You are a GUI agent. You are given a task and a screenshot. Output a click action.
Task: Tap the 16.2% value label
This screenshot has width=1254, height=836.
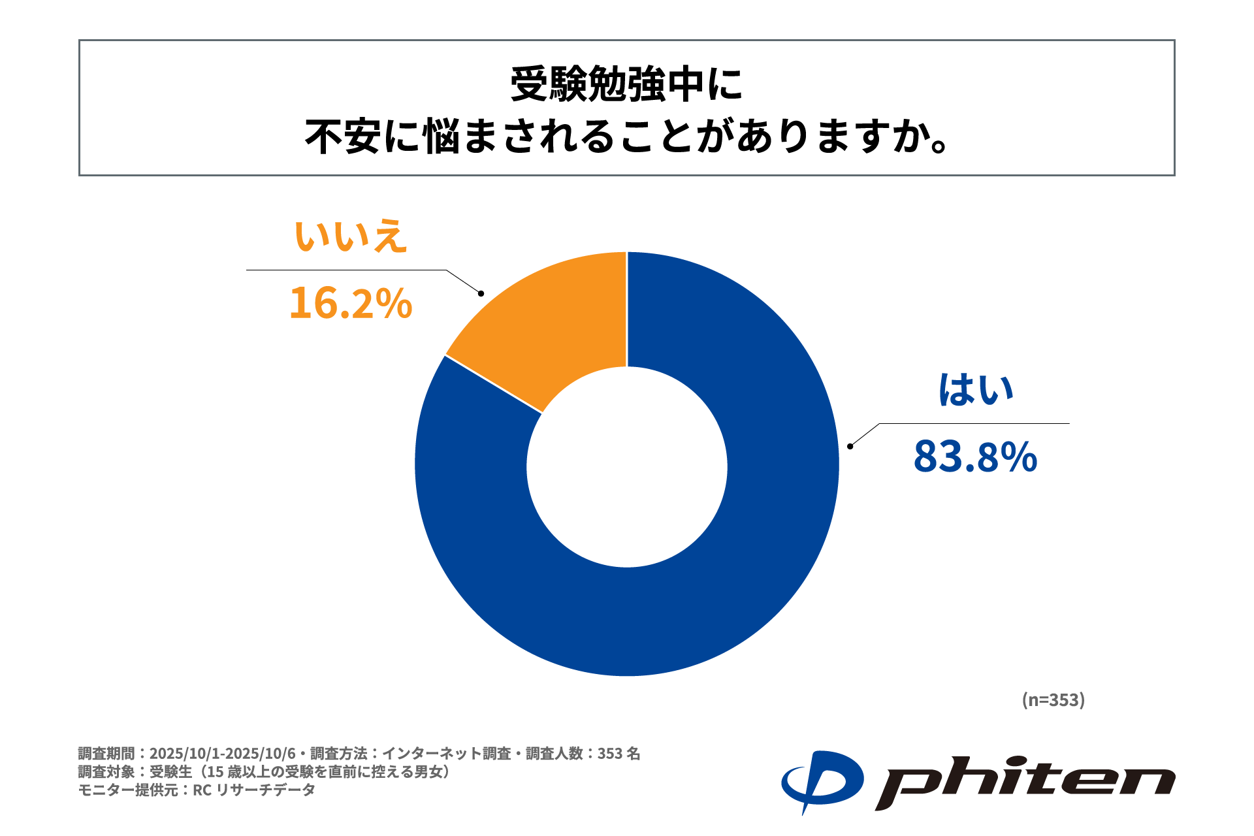[x=351, y=304]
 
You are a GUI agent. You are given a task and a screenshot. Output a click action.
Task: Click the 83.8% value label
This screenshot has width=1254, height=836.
[x=975, y=457]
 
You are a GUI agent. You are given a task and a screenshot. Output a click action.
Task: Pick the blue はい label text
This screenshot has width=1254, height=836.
[x=976, y=390]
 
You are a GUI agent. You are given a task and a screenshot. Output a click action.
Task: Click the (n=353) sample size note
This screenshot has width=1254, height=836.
[x=1053, y=699]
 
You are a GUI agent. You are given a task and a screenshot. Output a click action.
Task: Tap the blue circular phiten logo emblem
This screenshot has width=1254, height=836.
[x=822, y=781]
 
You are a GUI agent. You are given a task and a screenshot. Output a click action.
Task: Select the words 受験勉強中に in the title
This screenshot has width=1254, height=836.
[x=626, y=84]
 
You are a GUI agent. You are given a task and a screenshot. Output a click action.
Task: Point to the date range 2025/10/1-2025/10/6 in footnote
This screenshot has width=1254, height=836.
[x=222, y=754]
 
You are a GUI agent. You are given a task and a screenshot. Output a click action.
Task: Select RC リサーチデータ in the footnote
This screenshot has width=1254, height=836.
[x=254, y=790]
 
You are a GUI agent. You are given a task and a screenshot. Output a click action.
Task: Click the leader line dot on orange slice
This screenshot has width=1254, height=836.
[x=481, y=293]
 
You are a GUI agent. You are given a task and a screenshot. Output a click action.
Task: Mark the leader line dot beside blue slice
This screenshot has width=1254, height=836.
[x=850, y=446]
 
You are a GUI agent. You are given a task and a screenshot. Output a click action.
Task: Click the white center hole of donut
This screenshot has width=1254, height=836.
[x=627, y=467]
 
